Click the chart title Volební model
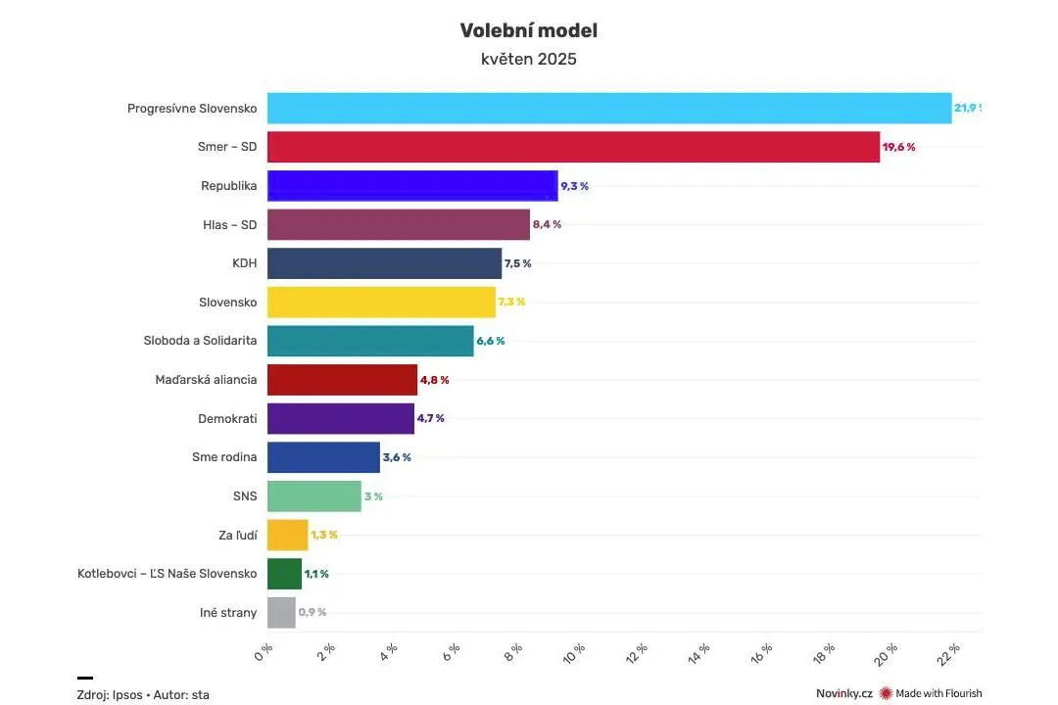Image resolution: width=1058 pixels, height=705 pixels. [528, 30]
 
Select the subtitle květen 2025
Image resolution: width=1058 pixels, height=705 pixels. [528, 60]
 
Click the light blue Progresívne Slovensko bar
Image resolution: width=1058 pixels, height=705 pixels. [609, 108]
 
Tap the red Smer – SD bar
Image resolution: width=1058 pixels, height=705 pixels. [573, 147]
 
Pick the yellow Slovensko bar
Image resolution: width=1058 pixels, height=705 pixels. [381, 303]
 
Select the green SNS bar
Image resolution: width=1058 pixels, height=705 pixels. [314, 496]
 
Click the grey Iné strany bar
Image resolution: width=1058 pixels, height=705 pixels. [281, 613]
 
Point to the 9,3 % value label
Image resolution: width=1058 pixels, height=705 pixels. [574, 186]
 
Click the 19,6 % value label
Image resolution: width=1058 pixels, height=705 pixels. [898, 147]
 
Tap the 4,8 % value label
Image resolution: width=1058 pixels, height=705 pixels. [435, 380]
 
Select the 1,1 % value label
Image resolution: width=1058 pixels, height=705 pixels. [316, 574]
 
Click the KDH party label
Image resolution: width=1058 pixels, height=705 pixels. [244, 263]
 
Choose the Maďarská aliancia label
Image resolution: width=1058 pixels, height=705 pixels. [206, 380]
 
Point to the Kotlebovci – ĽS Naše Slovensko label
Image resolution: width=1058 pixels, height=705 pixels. [168, 574]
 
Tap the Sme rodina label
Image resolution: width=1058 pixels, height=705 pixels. [224, 457]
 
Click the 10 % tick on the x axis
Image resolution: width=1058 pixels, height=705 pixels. [574, 654]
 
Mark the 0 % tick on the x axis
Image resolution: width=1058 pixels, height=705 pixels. [264, 652]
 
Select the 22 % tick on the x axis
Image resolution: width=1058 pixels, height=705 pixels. [948, 654]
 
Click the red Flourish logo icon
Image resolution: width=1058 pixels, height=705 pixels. [886, 693]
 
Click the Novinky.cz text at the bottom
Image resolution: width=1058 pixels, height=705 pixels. [844, 693]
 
